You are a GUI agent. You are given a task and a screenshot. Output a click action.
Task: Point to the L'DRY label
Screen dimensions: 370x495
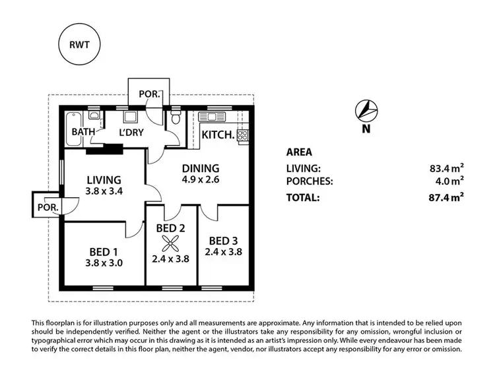131,132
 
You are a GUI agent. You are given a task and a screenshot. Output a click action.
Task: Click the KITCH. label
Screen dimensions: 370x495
218,135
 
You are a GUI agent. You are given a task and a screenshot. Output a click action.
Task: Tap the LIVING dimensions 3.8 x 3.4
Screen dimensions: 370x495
104,191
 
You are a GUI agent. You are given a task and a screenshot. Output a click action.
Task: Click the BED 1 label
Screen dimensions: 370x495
104,251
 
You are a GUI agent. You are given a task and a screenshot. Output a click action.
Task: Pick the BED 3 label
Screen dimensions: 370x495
222,239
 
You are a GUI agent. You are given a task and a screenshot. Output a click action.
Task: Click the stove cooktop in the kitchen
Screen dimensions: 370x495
242,135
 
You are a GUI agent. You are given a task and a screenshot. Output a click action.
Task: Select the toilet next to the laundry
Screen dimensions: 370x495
175,119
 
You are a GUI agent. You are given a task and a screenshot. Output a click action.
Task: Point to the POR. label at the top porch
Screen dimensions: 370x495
148,94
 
